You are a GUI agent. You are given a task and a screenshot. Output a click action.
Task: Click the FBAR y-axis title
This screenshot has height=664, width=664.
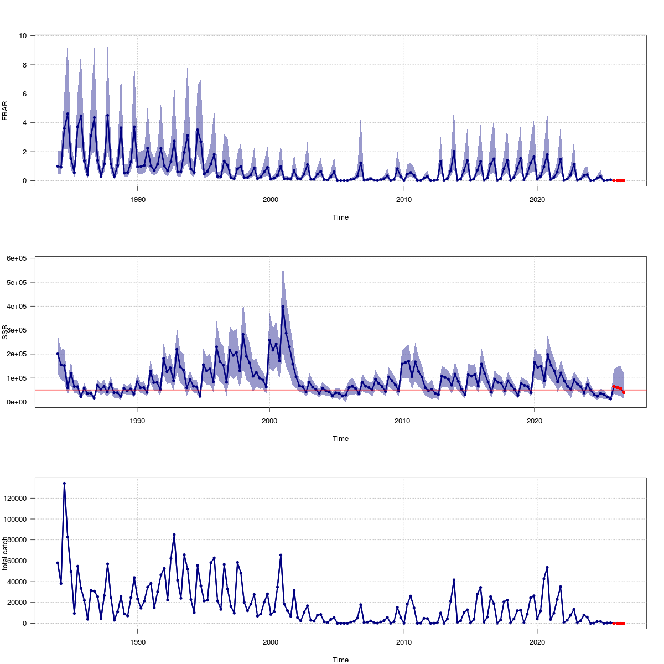[6, 110]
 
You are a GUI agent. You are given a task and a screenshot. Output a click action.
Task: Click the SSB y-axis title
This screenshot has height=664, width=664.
[6, 331]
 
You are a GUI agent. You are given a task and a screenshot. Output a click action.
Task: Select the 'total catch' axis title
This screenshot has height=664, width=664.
[6, 553]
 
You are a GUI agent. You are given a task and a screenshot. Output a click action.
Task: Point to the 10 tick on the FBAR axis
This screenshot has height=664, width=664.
[23, 36]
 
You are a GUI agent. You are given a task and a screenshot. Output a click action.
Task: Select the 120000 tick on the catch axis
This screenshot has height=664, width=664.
[17, 499]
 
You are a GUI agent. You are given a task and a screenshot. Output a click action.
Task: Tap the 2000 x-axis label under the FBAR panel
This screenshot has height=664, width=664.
[271, 199]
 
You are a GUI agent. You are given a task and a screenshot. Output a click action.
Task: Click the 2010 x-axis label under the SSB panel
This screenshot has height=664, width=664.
[402, 421]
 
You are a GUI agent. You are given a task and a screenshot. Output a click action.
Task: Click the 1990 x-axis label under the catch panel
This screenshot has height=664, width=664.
[137, 642]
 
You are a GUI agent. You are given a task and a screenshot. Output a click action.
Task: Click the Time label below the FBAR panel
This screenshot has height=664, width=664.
[340, 217]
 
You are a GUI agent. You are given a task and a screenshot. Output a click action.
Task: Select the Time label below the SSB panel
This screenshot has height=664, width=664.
[340, 439]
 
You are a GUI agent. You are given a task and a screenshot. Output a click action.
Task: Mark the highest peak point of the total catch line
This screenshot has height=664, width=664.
[64, 483]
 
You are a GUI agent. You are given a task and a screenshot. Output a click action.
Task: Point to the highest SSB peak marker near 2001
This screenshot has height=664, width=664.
[283, 307]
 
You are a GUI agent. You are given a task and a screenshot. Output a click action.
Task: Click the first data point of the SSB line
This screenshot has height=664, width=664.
[58, 354]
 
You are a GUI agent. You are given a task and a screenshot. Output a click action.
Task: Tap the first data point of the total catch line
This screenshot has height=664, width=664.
[58, 563]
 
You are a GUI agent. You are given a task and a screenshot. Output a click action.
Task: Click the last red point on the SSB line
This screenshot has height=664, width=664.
[624, 392]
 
